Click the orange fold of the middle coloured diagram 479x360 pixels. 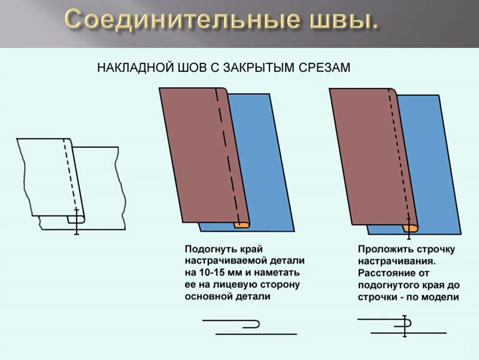(241, 225)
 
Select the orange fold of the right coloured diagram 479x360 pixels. (410, 228)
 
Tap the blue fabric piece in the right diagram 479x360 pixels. (429, 162)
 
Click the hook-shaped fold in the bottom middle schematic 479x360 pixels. (255, 324)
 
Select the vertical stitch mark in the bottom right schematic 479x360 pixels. (404, 326)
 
